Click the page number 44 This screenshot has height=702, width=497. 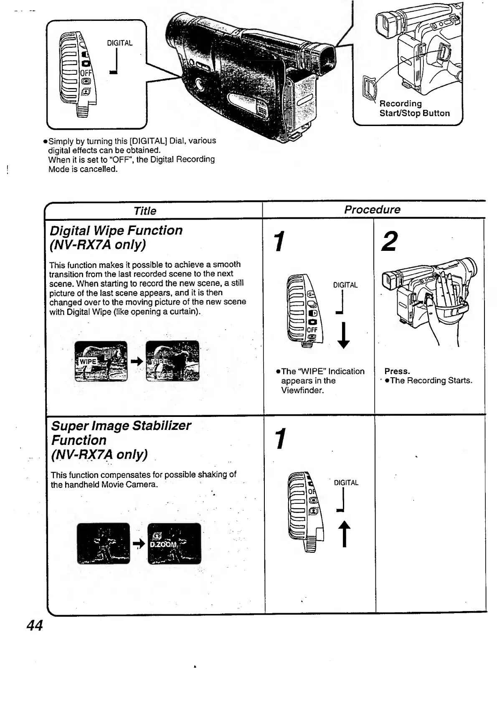[34, 625]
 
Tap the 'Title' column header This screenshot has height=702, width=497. [145, 211]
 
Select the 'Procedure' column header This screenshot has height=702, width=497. [372, 210]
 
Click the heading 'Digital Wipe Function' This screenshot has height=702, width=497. [116, 230]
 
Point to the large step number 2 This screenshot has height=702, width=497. [389, 242]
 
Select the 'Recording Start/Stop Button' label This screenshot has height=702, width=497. [414, 109]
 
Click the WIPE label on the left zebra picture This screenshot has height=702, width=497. [88, 361]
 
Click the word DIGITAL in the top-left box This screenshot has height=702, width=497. [120, 43]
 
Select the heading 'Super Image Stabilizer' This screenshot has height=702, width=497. [121, 425]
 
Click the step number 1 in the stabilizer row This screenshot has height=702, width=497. [281, 439]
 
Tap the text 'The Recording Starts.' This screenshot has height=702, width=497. [431, 381]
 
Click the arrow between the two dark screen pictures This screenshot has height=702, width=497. [139, 543]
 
